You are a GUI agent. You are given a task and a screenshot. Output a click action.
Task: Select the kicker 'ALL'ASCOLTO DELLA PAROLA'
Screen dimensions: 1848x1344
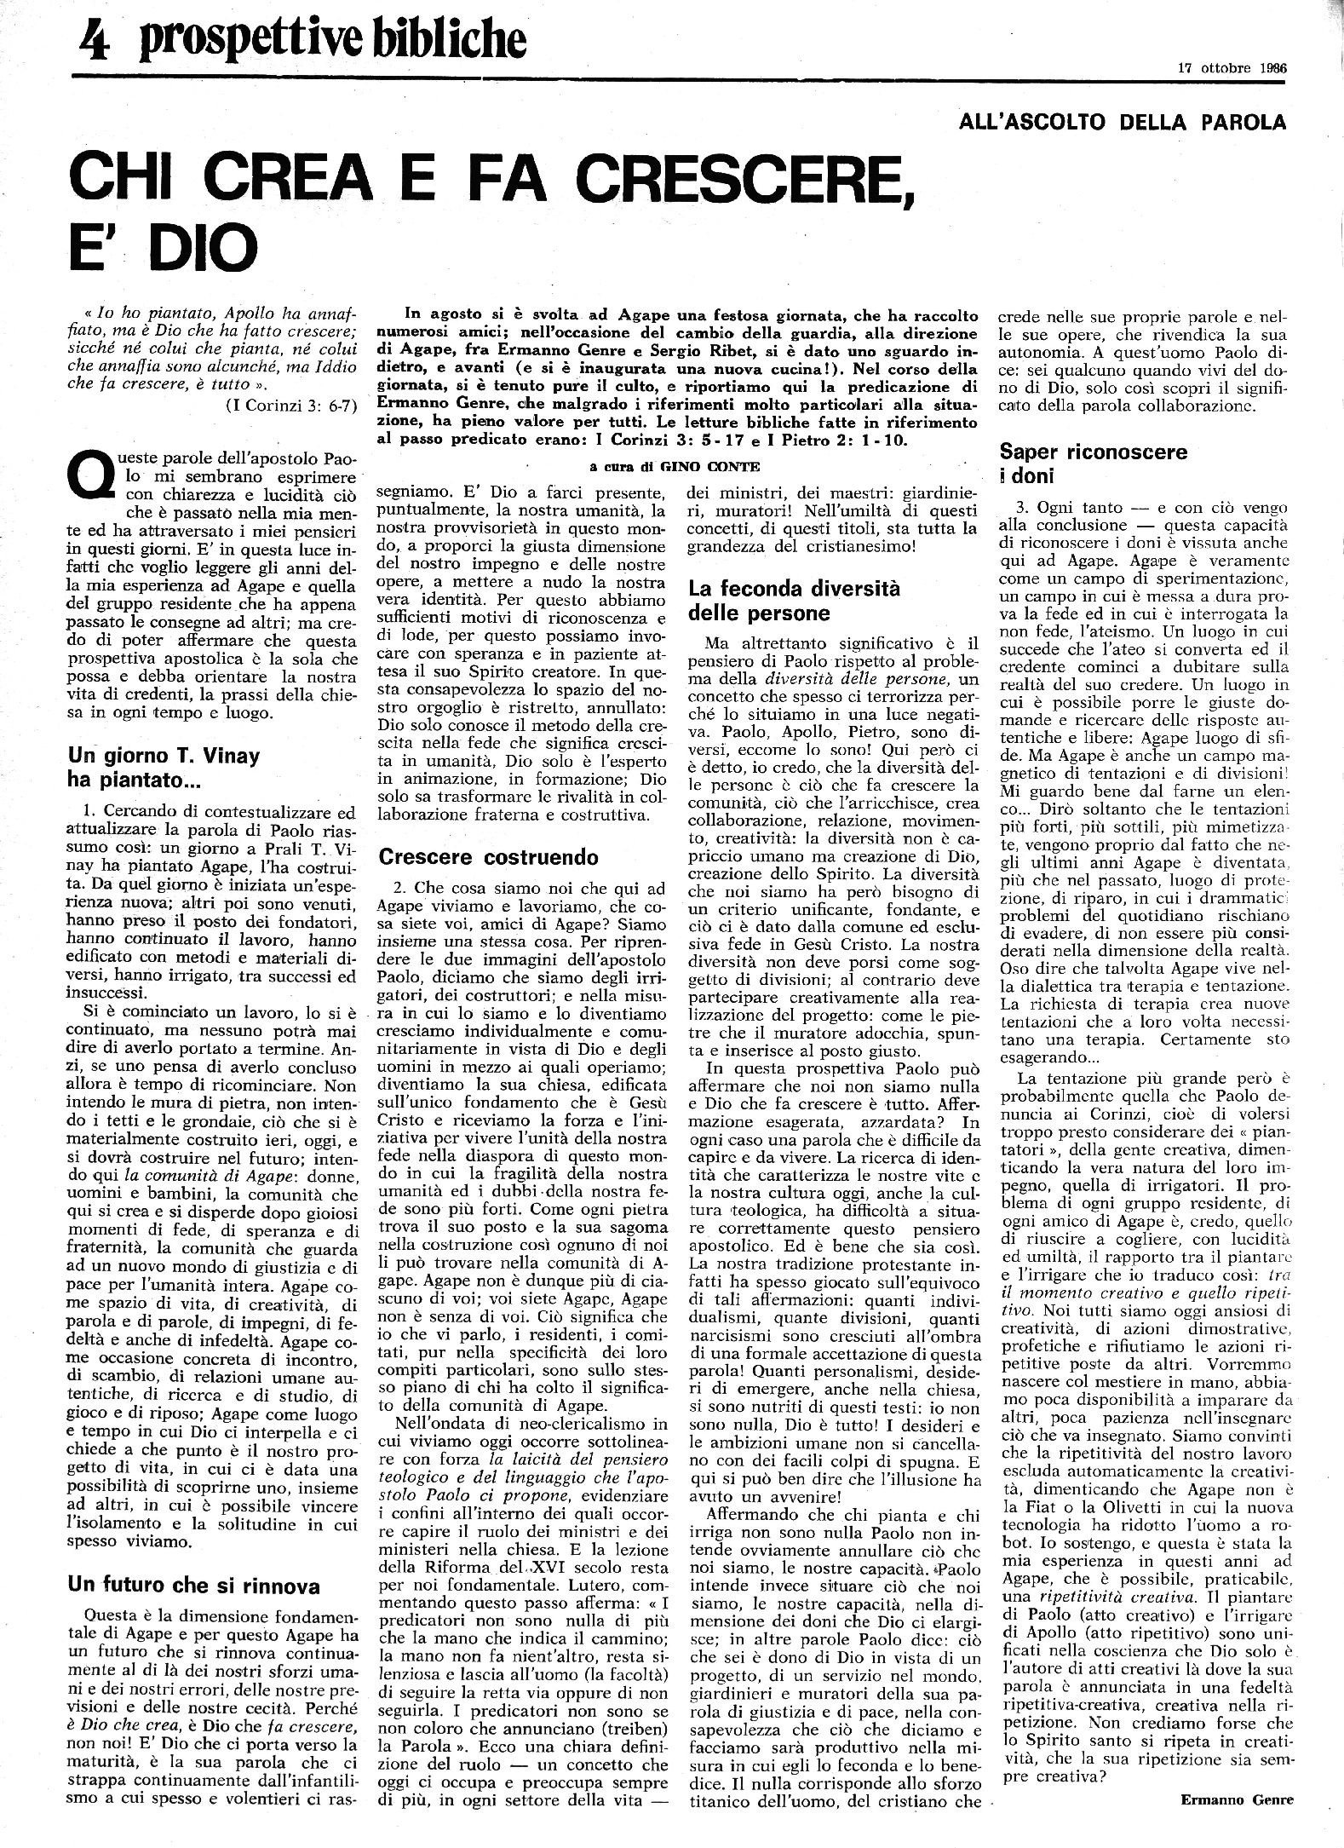pos(1122,122)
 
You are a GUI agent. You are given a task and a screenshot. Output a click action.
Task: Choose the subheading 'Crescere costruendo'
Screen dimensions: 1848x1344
pos(488,856)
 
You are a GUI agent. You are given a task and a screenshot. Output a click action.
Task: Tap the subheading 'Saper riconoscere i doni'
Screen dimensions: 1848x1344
pos(1093,463)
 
